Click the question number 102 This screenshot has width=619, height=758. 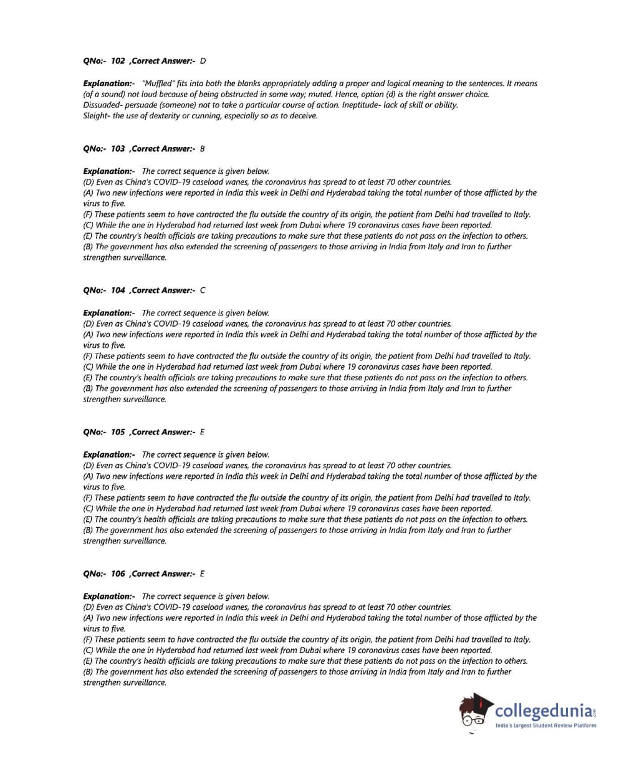coord(118,61)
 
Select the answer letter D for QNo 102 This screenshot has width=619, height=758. coord(203,61)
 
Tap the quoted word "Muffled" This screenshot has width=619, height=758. coord(157,84)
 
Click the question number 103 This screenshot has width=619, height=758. coord(118,149)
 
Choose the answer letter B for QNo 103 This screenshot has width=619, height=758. coord(203,149)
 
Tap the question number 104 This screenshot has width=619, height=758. coord(118,290)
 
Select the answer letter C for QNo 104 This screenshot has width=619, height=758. coord(203,290)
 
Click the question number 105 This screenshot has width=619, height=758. coord(118,432)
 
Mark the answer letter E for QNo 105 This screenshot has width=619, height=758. coord(202,432)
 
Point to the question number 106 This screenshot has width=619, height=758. coord(118,573)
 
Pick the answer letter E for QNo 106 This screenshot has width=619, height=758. coord(202,573)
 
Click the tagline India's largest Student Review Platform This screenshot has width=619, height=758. coord(545,726)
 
